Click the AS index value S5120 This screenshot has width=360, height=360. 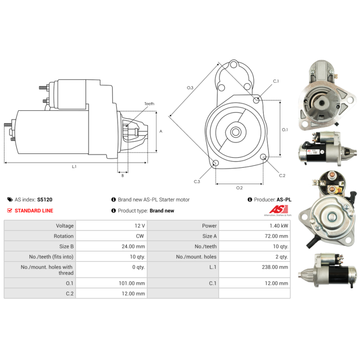45,199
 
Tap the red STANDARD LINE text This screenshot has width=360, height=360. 34,211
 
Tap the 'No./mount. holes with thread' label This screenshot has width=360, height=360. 47,270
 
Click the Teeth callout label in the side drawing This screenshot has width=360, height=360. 149,104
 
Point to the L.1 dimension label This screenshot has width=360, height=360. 74,166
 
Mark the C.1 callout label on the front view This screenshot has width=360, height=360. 276,81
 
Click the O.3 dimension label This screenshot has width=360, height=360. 190,88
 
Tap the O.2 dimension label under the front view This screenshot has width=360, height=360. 239,188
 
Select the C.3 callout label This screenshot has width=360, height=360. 197,182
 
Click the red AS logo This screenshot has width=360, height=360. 279,209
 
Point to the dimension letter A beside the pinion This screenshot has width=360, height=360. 161,131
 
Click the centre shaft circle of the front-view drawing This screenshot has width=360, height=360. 235,132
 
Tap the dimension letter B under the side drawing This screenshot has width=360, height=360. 122,175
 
